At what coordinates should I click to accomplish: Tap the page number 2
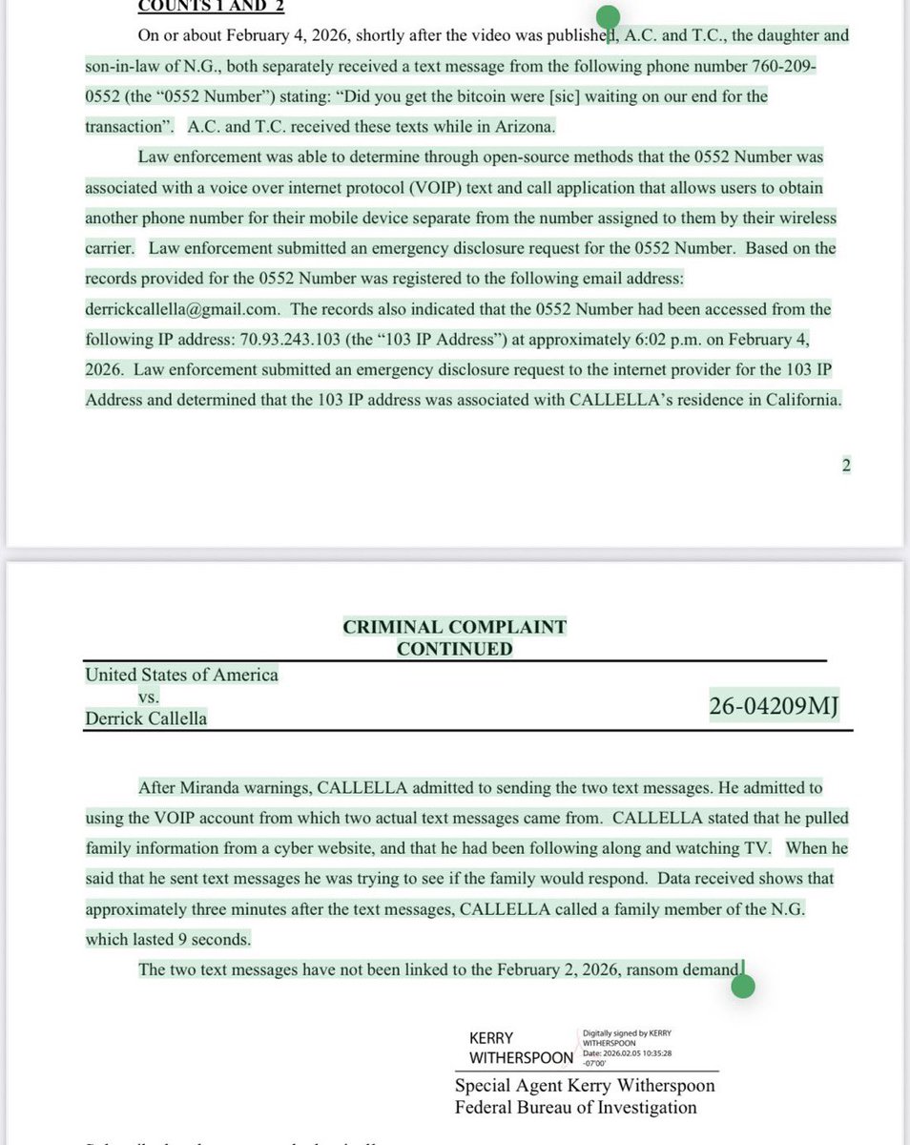coord(845,465)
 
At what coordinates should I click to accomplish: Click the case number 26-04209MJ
coord(774,706)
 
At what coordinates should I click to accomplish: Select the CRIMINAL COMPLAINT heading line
coord(454,627)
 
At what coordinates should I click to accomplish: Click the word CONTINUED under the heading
coord(454,649)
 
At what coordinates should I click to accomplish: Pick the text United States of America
coord(181,675)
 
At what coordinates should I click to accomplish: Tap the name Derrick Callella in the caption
coord(146,718)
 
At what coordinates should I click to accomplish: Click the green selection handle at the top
coord(608,17)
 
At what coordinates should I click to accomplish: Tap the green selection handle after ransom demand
coord(743,987)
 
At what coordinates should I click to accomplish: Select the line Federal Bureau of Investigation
coord(575,1108)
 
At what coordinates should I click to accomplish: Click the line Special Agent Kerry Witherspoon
coord(585,1086)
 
